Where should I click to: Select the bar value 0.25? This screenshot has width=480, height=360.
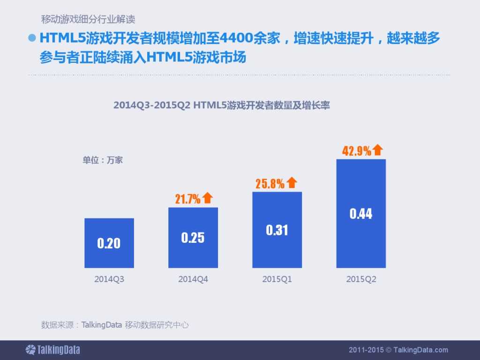(193, 238)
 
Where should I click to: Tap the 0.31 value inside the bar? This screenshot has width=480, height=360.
(277, 230)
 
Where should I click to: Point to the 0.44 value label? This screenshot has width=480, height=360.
(361, 214)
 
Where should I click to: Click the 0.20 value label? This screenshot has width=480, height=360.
(109, 243)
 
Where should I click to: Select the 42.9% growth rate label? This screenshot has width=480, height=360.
(357, 151)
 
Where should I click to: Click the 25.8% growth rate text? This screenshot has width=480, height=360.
(270, 184)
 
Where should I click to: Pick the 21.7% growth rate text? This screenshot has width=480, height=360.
(187, 199)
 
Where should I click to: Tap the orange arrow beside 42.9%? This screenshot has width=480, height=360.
(378, 150)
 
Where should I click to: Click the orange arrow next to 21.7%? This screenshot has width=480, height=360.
(208, 198)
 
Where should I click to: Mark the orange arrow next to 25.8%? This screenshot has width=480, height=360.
(292, 183)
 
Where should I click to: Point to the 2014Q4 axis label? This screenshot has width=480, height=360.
(193, 279)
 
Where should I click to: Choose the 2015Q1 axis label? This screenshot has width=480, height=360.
(277, 279)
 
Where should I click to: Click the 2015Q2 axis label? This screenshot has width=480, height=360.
(361, 279)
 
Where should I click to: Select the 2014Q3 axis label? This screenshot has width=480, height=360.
(109, 279)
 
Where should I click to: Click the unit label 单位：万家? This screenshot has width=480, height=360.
(103, 160)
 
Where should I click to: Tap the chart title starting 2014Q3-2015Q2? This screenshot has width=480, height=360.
(222, 105)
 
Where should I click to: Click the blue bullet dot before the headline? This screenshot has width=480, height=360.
(32, 38)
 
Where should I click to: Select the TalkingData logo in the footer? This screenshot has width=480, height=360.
(52, 350)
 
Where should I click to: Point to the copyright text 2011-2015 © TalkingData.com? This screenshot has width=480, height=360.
(398, 350)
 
